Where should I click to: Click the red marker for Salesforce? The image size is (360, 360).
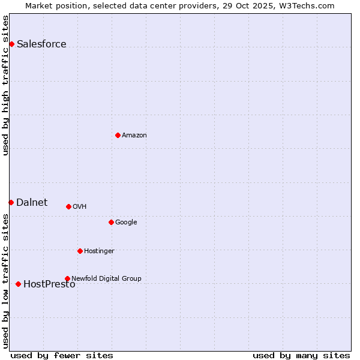click(11, 44)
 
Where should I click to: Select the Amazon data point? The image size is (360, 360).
click(118, 135)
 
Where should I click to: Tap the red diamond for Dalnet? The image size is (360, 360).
click(11, 202)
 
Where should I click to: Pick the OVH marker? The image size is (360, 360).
click(68, 206)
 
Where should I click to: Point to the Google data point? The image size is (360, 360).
click(111, 222)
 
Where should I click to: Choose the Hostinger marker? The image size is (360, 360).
click(80, 251)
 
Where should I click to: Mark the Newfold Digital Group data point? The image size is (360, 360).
click(67, 278)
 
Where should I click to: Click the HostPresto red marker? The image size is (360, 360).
click(18, 284)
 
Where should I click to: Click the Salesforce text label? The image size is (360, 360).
click(41, 44)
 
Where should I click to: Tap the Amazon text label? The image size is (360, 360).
click(134, 135)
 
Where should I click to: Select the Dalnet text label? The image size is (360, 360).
click(32, 202)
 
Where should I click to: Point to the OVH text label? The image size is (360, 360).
click(79, 206)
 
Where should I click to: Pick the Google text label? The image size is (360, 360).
click(126, 222)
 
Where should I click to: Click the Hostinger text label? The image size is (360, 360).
click(99, 251)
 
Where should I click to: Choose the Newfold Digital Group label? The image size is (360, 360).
click(106, 278)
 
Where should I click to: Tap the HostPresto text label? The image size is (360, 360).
click(49, 284)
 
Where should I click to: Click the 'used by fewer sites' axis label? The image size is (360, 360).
click(62, 355)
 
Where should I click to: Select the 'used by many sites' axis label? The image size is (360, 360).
click(301, 355)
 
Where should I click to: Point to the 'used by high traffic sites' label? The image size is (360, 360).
click(6, 85)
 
